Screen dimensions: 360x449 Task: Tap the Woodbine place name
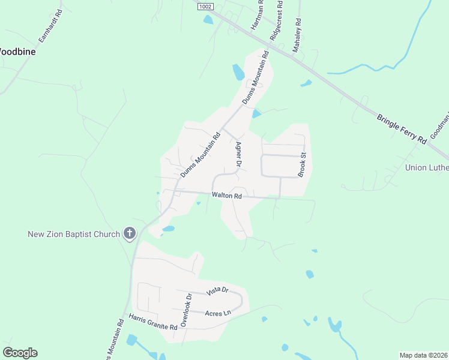click(x=17, y=52)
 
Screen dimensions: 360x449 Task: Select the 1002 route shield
click(x=205, y=5)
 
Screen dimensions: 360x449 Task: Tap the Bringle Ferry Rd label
click(x=402, y=128)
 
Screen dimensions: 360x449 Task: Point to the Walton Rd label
click(x=226, y=196)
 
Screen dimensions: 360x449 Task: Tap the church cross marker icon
click(x=129, y=233)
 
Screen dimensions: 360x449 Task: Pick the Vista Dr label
click(x=218, y=291)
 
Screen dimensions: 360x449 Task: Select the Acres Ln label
click(x=218, y=313)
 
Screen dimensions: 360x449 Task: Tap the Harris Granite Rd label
click(x=153, y=323)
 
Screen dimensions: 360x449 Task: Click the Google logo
click(x=20, y=353)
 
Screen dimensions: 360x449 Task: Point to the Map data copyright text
click(x=423, y=355)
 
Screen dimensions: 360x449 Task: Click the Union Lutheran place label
click(x=427, y=167)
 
